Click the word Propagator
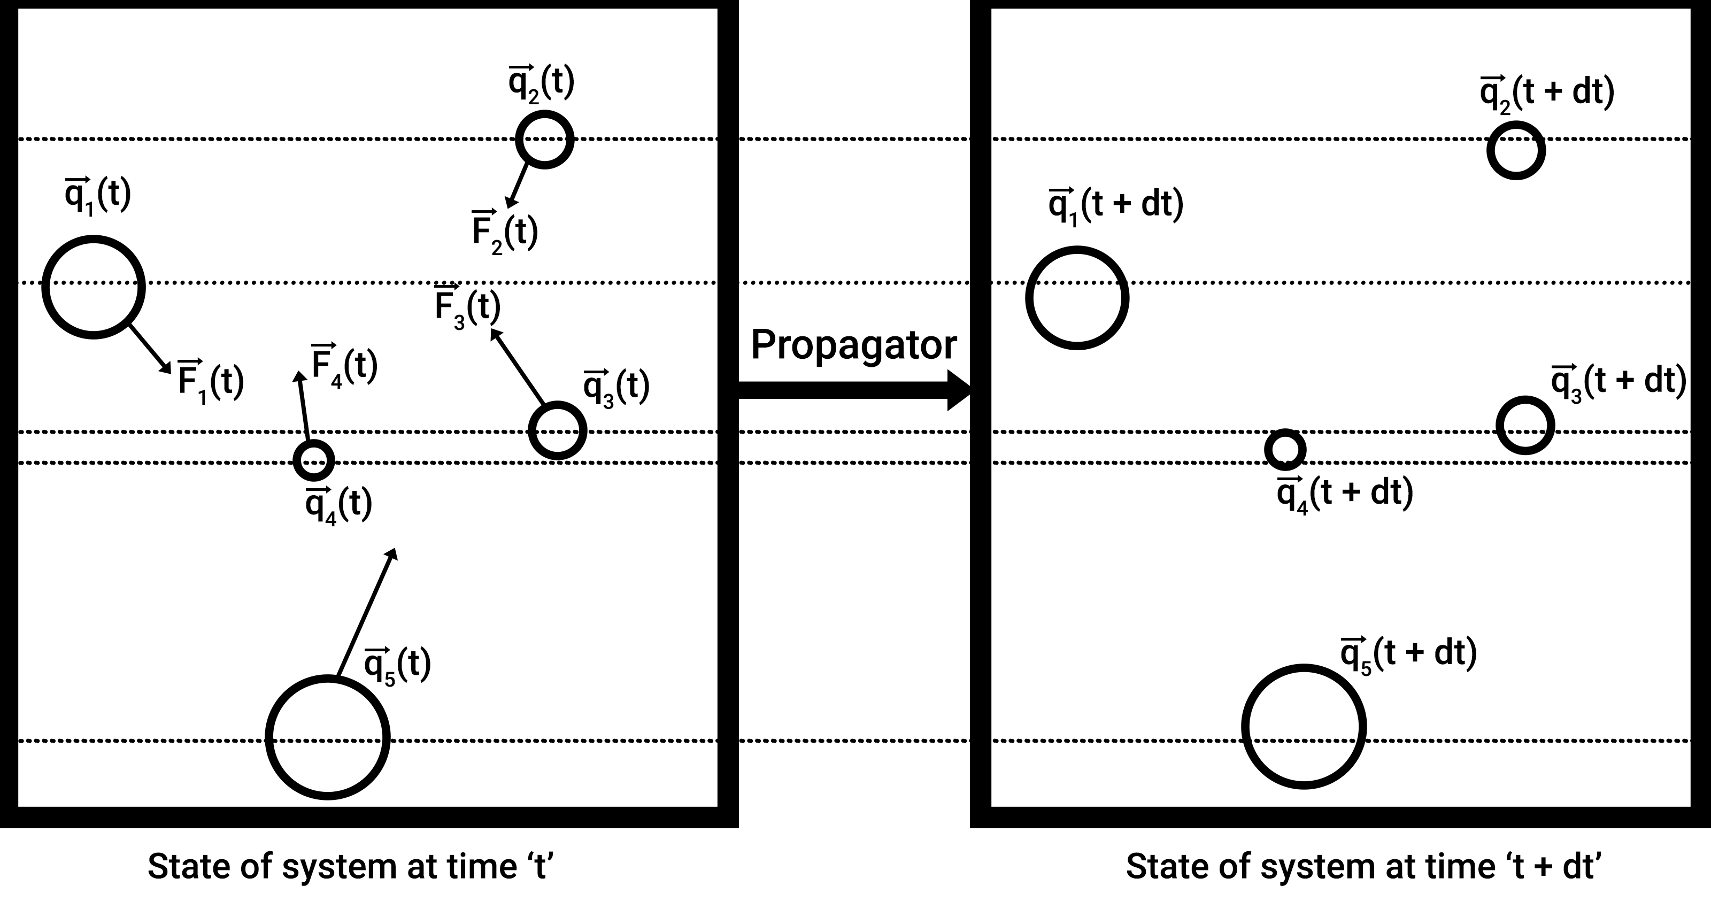click(x=853, y=345)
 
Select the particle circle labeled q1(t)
click(x=94, y=287)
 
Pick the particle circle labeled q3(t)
click(x=557, y=430)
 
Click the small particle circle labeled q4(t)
click(x=313, y=460)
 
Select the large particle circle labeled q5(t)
click(x=327, y=737)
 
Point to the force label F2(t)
click(x=504, y=232)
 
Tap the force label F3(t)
click(x=467, y=307)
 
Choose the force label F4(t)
click(x=344, y=365)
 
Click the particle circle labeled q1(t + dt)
click(x=1077, y=298)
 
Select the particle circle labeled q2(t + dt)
click(x=1516, y=150)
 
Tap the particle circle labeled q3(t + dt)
click(x=1525, y=425)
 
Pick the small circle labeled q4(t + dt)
click(x=1285, y=449)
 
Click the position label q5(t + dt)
click(x=1408, y=654)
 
